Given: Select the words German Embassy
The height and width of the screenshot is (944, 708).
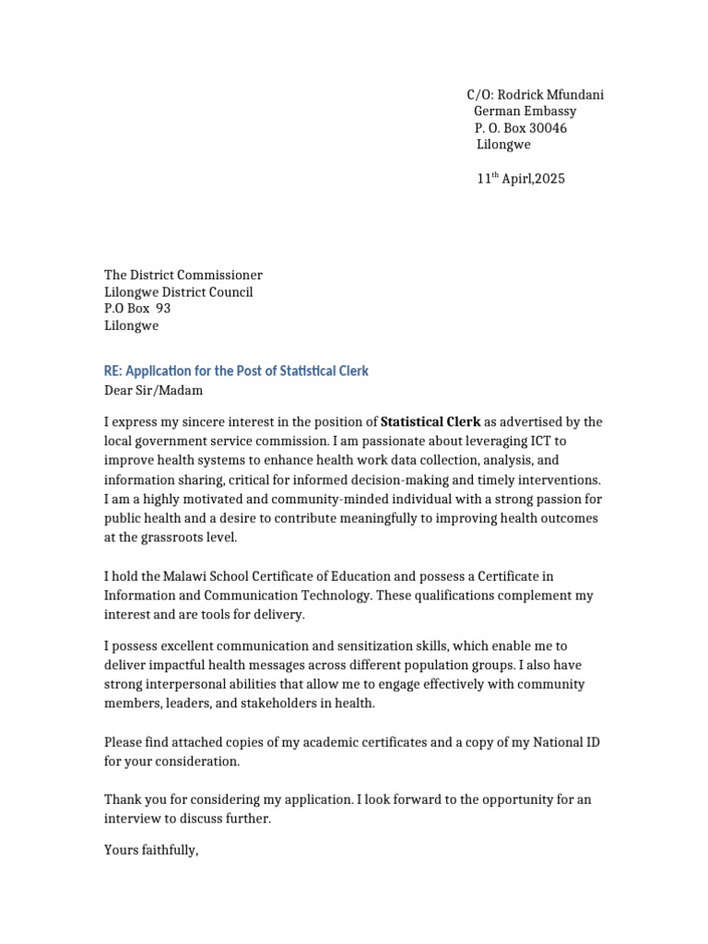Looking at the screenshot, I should click(x=525, y=112).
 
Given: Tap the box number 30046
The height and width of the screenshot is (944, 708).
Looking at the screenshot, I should click(x=549, y=128).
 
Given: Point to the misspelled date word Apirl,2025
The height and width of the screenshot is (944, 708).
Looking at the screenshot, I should click(x=534, y=179).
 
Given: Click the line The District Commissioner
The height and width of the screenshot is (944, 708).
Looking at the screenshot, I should click(x=183, y=275).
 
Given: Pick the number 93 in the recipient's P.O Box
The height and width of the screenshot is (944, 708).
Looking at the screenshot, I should click(x=163, y=309).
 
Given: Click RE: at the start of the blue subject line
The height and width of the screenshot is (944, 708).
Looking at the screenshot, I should click(x=112, y=371).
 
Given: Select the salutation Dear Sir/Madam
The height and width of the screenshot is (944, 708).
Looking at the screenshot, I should click(x=153, y=390).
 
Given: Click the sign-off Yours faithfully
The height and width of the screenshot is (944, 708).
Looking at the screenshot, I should click(x=151, y=850).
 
